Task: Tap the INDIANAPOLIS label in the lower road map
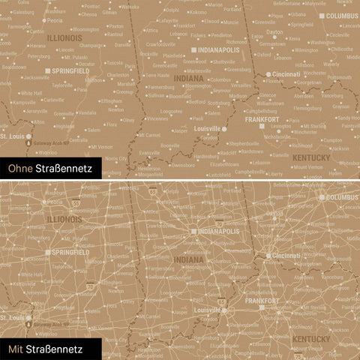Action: point(220,232)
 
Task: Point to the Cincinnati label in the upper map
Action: point(286,74)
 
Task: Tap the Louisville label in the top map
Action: point(206,128)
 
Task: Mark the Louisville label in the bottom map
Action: point(206,309)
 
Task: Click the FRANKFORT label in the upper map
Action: point(261,119)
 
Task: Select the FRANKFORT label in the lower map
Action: point(262,300)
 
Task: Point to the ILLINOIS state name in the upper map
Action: point(64,36)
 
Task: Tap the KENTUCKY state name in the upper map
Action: point(310,157)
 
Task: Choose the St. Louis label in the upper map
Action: point(11,137)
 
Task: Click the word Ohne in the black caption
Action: point(20,170)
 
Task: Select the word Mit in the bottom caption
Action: point(16,349)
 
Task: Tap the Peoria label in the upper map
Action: point(54,20)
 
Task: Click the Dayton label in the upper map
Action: point(275,32)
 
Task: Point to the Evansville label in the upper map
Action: point(150,152)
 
